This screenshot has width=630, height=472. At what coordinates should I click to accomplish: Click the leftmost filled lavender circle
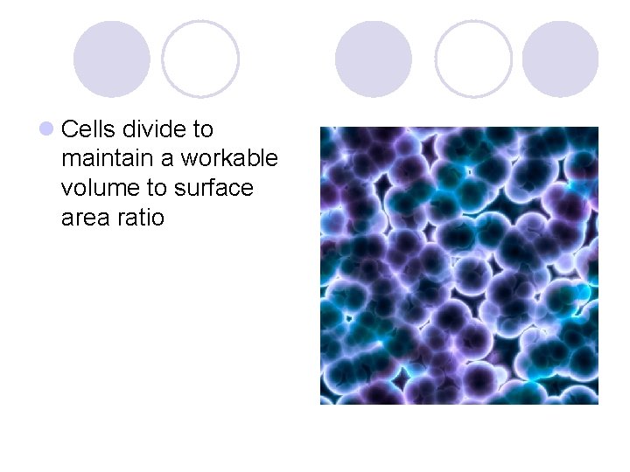(111, 59)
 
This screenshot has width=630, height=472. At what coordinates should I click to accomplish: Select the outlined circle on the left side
(200, 59)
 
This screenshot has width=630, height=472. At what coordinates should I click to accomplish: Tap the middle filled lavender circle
(373, 59)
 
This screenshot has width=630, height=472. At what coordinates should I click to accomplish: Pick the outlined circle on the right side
(473, 59)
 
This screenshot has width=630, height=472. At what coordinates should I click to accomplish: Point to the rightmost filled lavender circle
(560, 59)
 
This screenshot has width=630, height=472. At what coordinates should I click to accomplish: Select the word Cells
(88, 130)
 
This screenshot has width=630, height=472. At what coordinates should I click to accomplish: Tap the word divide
(154, 130)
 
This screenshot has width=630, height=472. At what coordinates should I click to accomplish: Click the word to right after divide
(202, 130)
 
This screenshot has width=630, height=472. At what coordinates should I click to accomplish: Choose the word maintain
(107, 159)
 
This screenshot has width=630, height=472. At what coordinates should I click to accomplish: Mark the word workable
(229, 159)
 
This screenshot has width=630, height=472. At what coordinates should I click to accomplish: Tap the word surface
(213, 189)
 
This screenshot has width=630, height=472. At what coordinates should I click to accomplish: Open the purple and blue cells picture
(458, 266)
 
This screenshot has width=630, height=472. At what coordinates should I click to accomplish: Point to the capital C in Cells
(70, 130)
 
